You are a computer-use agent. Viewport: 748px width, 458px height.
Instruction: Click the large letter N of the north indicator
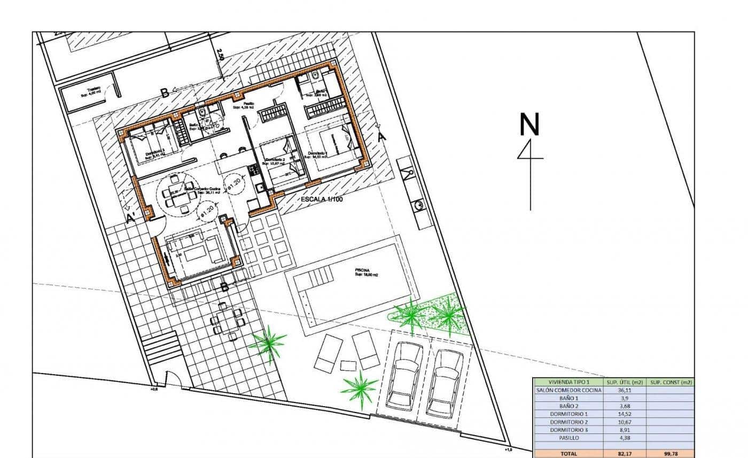coord(529,125)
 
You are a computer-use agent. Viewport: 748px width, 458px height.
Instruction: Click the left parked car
coord(407,375)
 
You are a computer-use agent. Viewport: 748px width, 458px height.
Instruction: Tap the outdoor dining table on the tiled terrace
coord(228,321)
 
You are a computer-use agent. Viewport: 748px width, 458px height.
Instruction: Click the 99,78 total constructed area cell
coord(671,454)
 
